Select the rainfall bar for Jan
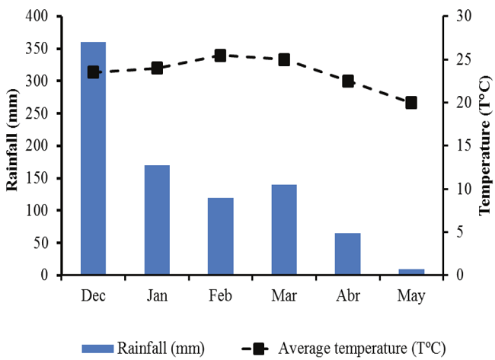click(x=157, y=220)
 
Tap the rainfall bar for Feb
click(x=220, y=236)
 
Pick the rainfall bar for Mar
click(x=284, y=229)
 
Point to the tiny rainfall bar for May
click(x=411, y=272)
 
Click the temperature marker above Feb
click(x=220, y=56)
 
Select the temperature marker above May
click(x=411, y=103)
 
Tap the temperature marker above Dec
click(x=94, y=72)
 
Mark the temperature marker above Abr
click(x=347, y=81)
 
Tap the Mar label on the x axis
click(x=284, y=295)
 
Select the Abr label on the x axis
click(x=347, y=295)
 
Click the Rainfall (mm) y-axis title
click(x=12, y=145)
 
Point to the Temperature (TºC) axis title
click(x=484, y=145)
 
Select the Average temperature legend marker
click(x=259, y=349)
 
